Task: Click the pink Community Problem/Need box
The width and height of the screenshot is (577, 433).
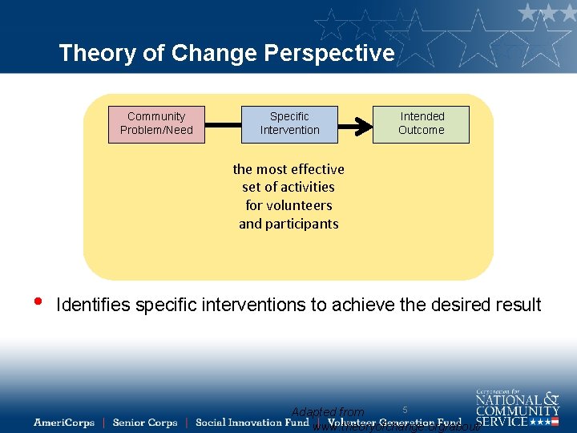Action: [x=156, y=124]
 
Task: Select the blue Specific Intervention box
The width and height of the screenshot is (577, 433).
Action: [x=289, y=124]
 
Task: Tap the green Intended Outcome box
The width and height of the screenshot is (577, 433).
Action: [x=421, y=124]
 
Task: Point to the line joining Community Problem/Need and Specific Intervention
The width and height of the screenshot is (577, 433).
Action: [x=223, y=124]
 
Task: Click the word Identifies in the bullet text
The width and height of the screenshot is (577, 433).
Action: [x=94, y=306]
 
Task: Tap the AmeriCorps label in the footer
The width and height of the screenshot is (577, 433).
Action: [x=64, y=423]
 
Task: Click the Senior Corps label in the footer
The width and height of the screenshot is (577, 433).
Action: [x=144, y=423]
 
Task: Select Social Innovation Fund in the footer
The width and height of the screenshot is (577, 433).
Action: [x=252, y=423]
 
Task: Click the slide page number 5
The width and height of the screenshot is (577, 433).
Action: [x=405, y=410]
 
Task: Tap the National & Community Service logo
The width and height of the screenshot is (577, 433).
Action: [x=517, y=407]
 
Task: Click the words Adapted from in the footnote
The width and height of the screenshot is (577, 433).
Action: [x=327, y=412]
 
